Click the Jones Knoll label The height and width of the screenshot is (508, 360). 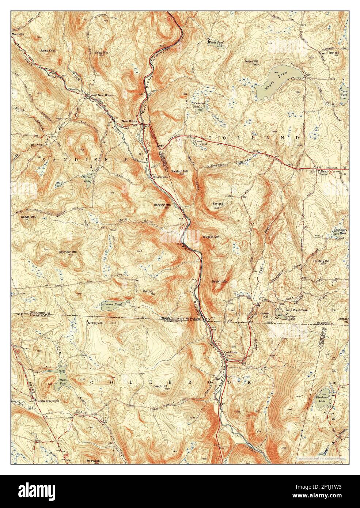(x=48, y=51)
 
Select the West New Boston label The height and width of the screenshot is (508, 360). (x=102, y=95)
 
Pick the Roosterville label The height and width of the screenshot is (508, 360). (x=160, y=177)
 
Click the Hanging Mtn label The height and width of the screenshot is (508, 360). (x=162, y=205)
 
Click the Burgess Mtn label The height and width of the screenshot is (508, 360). (x=211, y=237)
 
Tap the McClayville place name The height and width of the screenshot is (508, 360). (x=95, y=323)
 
